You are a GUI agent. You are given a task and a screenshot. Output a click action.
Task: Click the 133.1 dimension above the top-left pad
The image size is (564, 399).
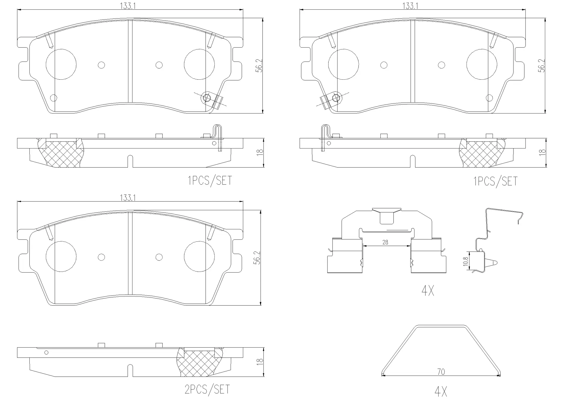127,6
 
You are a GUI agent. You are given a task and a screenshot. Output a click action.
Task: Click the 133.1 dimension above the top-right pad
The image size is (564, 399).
410,6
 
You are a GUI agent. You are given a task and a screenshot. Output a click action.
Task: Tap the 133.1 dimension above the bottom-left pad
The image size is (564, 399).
127,198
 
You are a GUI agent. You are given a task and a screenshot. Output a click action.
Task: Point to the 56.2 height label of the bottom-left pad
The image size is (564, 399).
257,258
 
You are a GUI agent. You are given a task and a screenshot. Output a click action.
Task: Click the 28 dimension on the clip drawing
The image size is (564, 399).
385,242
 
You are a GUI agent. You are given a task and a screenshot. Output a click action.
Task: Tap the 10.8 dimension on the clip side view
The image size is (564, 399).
465,261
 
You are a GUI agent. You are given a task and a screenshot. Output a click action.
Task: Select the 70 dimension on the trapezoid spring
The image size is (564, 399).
441,372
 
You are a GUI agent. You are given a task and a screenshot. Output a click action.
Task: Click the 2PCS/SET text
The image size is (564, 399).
207,390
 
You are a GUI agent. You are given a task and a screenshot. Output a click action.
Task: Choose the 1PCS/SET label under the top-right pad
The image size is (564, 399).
496,181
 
